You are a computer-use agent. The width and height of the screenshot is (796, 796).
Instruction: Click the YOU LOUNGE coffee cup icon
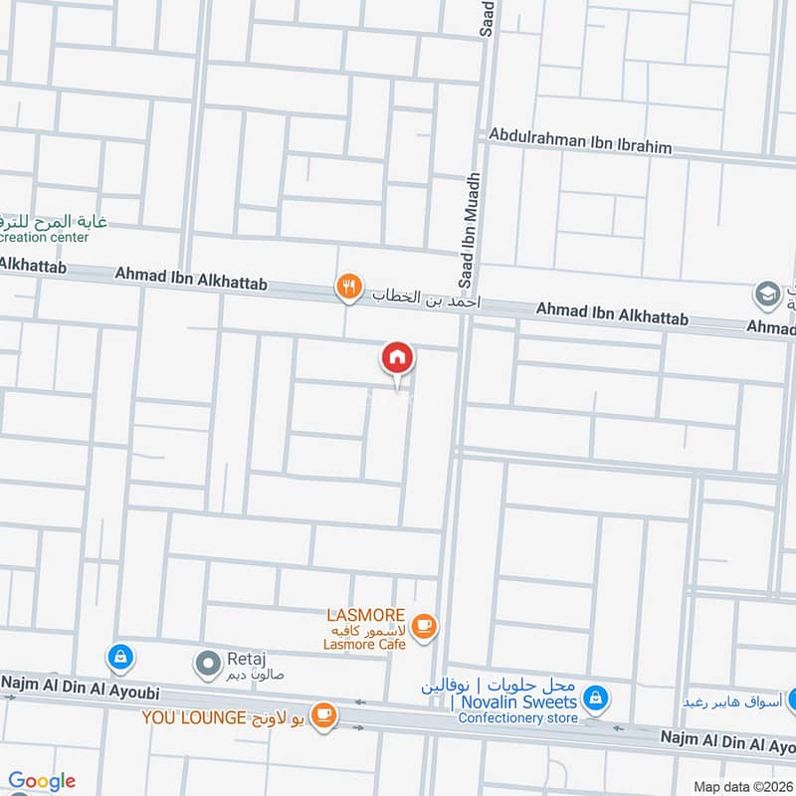coord(323,714)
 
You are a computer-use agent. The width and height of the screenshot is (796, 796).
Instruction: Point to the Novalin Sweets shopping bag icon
coord(595,697)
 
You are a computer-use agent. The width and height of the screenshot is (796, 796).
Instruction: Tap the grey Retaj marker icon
coord(208,662)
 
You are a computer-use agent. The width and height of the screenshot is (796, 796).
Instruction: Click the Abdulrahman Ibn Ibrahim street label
coord(580,141)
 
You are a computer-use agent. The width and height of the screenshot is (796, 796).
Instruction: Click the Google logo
coord(41,781)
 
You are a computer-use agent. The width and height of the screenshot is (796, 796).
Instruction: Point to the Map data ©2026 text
coord(742,787)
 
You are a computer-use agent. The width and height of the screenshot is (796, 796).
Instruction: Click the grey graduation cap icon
coord(766,295)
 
